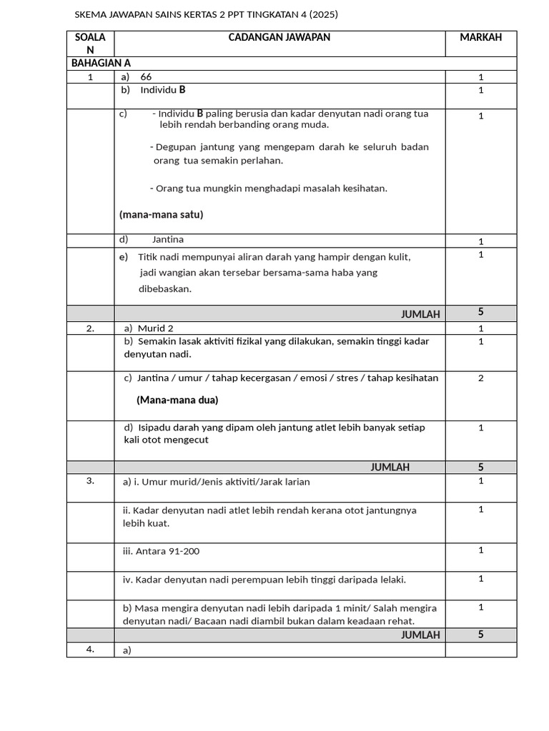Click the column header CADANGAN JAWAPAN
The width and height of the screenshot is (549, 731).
[279, 37]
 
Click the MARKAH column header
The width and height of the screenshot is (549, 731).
[480, 37]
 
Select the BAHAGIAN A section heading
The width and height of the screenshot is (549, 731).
[101, 64]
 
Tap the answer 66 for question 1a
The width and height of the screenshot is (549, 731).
[146, 77]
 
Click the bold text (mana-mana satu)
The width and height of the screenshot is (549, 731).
[162, 214]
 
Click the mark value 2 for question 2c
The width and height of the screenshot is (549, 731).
[481, 378]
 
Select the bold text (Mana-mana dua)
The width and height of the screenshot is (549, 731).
[177, 400]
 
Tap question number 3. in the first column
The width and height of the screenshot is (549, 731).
[90, 480]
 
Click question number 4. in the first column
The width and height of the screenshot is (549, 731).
[90, 649]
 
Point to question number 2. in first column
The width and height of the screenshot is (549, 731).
[90, 328]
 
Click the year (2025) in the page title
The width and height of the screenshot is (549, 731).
[322, 14]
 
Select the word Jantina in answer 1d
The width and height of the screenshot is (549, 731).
[167, 240]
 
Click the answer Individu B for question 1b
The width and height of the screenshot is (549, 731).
[163, 90]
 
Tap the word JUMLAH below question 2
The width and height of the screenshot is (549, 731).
[390, 467]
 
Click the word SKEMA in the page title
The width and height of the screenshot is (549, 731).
[90, 14]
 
